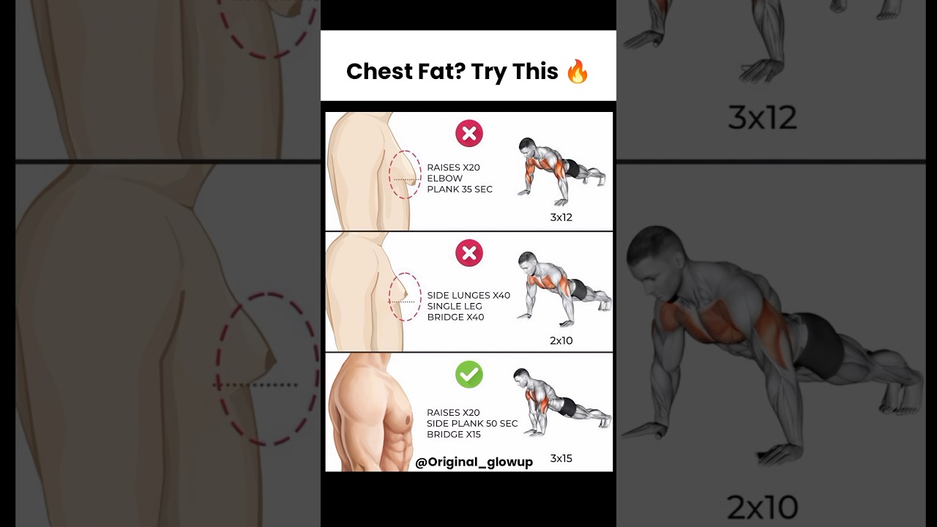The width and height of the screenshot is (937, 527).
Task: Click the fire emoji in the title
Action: pos(578,71)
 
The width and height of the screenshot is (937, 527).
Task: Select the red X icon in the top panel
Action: pos(469,134)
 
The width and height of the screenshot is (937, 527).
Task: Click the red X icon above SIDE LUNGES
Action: pos(469,253)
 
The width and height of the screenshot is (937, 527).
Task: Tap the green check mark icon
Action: pos(469,374)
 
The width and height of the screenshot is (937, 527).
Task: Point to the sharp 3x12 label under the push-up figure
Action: pos(561,217)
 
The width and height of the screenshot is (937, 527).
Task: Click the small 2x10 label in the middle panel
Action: pos(561,340)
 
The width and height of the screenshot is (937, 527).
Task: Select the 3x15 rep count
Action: pos(561,459)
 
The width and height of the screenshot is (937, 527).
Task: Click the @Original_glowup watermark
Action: pos(474,462)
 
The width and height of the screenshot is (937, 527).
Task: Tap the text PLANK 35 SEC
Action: pos(460,189)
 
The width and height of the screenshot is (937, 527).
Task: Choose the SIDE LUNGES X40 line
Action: pos(468,295)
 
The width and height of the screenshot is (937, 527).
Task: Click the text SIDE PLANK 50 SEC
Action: pos(472,424)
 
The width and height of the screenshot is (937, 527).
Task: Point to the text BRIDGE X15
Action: pos(455,435)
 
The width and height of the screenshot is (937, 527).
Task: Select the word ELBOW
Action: pos(445,178)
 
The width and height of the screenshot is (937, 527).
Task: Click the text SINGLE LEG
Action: pos(455,306)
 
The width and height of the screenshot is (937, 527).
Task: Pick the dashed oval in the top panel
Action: pos(405,175)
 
